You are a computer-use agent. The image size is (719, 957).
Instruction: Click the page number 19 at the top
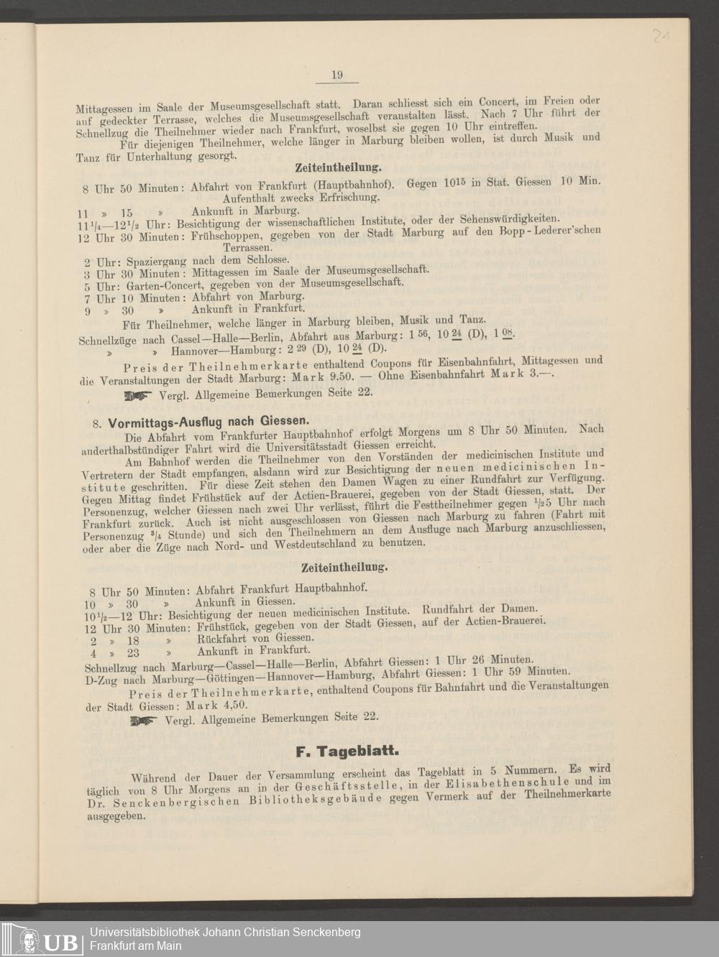pyautogui.click(x=336, y=75)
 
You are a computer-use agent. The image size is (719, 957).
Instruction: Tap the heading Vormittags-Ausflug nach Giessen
pyautogui.click(x=209, y=422)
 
